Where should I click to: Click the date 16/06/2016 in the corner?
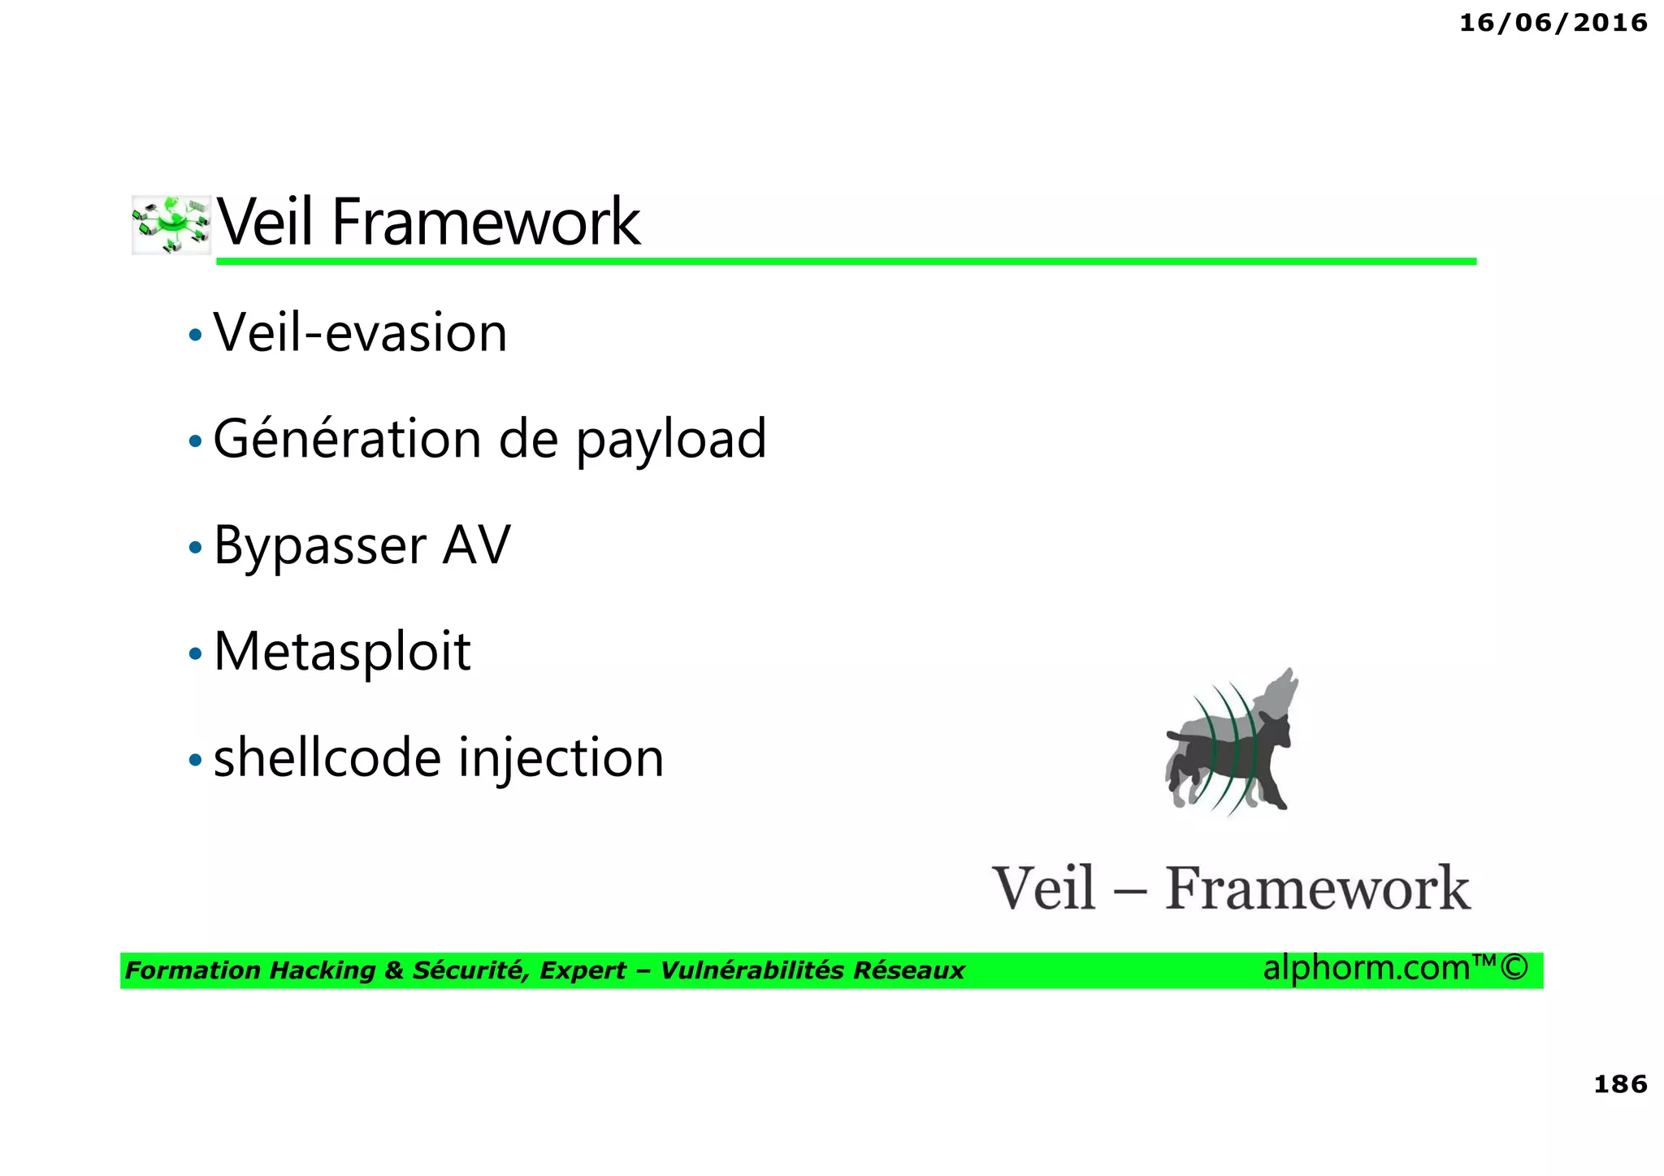[x=1553, y=23]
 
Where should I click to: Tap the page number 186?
[x=1619, y=1083]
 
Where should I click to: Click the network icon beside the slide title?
[x=171, y=225]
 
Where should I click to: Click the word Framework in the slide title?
[x=486, y=222]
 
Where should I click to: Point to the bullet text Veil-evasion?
[x=360, y=333]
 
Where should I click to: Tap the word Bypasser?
[x=320, y=546]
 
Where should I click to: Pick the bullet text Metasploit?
[x=342, y=652]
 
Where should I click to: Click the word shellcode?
[x=328, y=757]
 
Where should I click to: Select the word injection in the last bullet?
[x=561, y=759]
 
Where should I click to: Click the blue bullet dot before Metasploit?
[x=195, y=653]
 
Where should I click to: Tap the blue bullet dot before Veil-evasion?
[x=195, y=335]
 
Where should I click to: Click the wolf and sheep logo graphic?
[x=1228, y=744]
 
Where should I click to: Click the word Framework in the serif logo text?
[x=1317, y=888]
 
